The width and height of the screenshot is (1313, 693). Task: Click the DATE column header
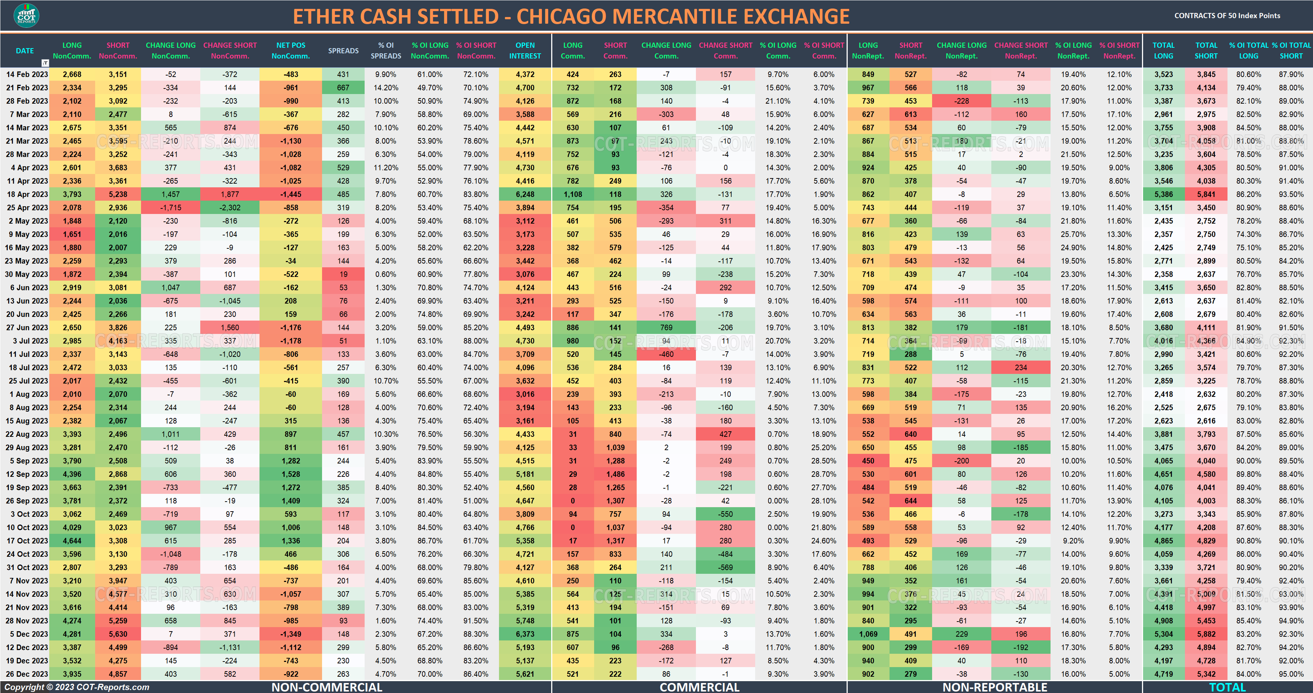click(x=24, y=50)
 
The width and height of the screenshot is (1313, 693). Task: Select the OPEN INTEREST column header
click(x=525, y=50)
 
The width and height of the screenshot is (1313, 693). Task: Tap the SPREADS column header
click(x=343, y=50)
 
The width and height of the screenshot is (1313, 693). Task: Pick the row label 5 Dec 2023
click(x=29, y=634)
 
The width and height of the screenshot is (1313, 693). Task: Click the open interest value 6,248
click(x=525, y=194)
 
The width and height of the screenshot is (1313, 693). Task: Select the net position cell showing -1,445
click(x=291, y=194)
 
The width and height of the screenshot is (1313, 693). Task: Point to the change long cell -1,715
click(x=171, y=207)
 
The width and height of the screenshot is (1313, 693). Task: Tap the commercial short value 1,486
click(x=615, y=474)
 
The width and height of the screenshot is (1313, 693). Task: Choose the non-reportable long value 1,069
click(x=868, y=634)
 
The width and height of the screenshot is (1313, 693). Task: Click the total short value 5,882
click(x=1206, y=634)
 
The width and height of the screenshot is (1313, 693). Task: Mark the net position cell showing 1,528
click(x=291, y=474)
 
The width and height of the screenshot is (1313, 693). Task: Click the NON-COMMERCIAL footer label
click(x=327, y=687)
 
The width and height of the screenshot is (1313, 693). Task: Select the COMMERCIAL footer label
click(x=699, y=687)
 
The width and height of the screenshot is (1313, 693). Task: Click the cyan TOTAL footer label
click(x=1227, y=687)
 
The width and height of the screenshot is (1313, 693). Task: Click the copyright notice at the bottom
click(x=77, y=687)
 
